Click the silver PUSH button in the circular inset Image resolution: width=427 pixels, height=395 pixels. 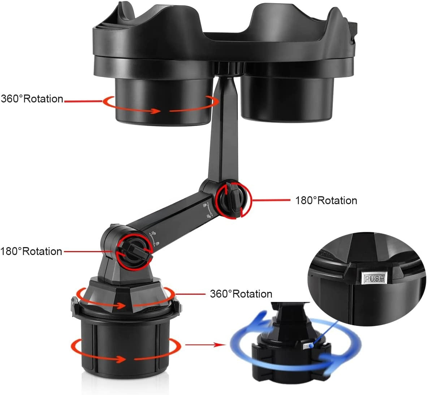375,278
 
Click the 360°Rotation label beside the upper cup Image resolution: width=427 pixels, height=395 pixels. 32,99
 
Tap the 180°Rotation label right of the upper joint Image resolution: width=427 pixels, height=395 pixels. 326,200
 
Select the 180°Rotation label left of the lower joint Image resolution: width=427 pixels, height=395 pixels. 31,251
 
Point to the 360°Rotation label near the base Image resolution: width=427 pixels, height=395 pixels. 241,294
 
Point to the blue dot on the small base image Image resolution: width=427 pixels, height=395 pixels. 311,346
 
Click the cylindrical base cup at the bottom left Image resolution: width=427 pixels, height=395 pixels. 126,345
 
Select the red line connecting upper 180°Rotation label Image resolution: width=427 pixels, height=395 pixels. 271,200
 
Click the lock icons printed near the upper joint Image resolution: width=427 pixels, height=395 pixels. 208,210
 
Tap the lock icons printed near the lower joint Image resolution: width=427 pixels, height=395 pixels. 154,238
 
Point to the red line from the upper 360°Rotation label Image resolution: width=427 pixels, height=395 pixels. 83,101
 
